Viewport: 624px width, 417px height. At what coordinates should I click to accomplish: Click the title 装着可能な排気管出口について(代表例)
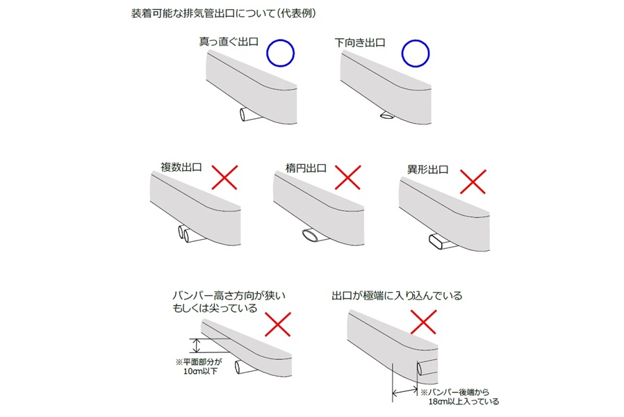coord(223,13)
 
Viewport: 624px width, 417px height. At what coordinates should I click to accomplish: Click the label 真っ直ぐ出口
coord(229,42)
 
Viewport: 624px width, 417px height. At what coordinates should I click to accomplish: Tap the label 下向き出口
coord(360,42)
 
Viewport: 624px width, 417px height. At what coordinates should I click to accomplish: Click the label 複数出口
coord(181,167)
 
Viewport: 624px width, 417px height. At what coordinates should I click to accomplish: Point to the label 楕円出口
coord(306,168)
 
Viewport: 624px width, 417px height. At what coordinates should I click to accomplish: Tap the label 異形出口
coord(427,170)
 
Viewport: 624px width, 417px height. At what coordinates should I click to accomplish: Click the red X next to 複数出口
coord(224,177)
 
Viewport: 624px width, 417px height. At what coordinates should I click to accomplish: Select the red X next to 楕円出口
coord(348,177)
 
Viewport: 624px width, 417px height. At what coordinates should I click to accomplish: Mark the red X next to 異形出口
coord(473,182)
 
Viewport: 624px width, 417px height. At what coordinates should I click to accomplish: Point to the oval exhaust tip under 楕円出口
coord(314,236)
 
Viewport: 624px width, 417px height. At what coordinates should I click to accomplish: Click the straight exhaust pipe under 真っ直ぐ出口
coord(250,114)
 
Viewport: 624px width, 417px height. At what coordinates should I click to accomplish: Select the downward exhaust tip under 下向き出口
coord(387,115)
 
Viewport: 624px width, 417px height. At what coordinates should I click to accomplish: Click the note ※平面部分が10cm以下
coord(199,366)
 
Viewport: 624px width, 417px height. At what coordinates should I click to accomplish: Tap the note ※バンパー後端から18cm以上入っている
coord(459,397)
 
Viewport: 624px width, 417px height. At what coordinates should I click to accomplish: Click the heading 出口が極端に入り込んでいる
coord(397,295)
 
